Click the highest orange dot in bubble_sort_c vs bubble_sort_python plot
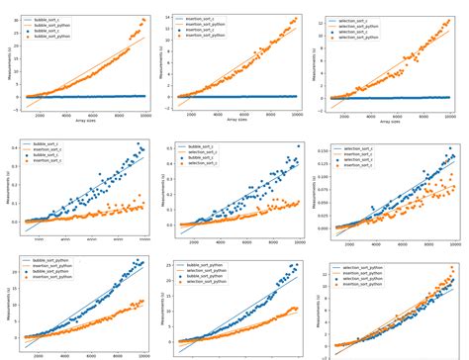(144, 19)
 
